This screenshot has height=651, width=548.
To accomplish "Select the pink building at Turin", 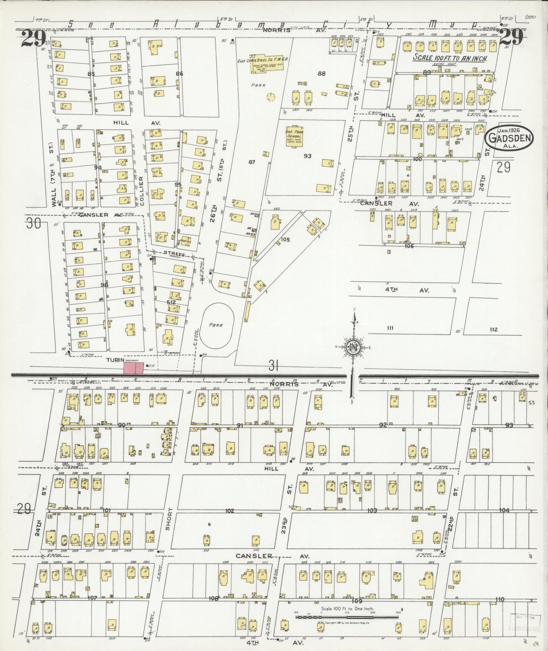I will pos(133,368).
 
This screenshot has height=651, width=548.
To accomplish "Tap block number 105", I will pos(285,239).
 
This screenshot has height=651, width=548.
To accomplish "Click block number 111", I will pos(390,328).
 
